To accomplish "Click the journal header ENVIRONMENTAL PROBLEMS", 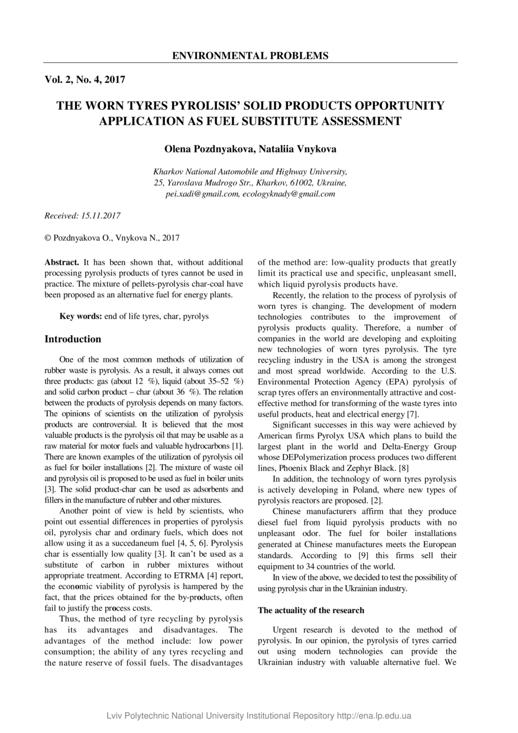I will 250,56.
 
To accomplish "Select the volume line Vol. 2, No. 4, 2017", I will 85,79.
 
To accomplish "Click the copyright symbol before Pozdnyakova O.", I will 48,238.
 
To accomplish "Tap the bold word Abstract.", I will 62,262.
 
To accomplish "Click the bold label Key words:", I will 81,316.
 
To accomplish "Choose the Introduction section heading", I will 73,339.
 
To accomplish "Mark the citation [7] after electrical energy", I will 413,414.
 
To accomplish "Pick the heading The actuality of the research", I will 311,610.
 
